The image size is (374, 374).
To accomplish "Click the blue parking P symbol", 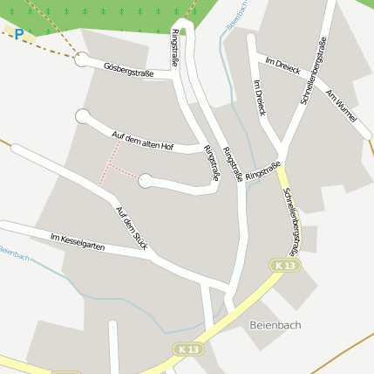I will (x=19, y=35).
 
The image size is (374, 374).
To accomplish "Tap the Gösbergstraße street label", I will (x=128, y=70).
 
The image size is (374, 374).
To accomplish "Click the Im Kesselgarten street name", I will (x=78, y=241).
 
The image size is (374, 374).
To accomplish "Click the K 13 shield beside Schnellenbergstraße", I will (x=285, y=265).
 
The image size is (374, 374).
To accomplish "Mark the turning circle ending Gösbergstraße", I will (x=82, y=59).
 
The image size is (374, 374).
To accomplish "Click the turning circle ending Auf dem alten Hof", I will (x=83, y=116).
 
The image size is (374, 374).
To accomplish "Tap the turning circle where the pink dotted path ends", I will (x=146, y=181).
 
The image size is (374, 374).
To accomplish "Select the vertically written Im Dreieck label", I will (x=259, y=98).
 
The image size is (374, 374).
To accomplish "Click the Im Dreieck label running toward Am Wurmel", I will (x=282, y=66).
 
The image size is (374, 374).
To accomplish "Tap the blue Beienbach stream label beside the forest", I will (x=236, y=15).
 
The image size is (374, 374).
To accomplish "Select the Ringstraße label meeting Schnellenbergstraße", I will (x=262, y=170).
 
